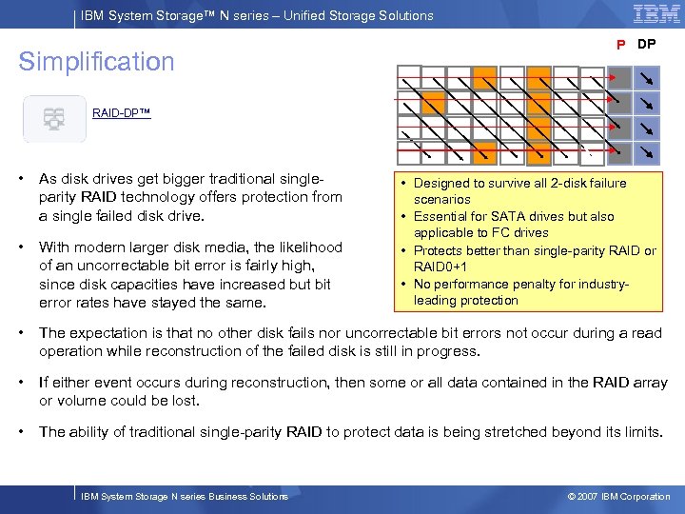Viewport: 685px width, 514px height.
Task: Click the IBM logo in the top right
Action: pyautogui.click(x=656, y=14)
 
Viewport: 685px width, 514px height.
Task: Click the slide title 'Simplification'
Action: pyautogui.click(x=97, y=62)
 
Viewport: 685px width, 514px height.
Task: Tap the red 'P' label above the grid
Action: pyautogui.click(x=620, y=45)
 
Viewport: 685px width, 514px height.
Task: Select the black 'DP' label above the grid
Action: pyautogui.click(x=646, y=44)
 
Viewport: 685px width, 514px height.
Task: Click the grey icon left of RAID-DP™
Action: pyautogui.click(x=54, y=119)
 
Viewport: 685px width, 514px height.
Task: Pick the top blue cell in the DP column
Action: pyautogui.click(x=647, y=77)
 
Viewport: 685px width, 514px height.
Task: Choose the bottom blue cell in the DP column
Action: pyautogui.click(x=647, y=151)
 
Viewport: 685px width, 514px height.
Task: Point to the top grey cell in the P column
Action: pyautogui.click(x=619, y=77)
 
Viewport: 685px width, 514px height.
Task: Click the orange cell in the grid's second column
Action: pyautogui.click(x=434, y=102)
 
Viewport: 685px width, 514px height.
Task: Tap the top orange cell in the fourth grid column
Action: pyautogui.click(x=485, y=77)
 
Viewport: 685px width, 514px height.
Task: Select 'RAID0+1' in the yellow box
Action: pyautogui.click(x=440, y=267)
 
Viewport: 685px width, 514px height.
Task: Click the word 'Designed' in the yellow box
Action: pyautogui.click(x=440, y=183)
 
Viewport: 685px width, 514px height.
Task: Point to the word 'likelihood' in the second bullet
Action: pyautogui.click(x=306, y=247)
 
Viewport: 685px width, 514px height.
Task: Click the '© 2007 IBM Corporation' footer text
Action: pyautogui.click(x=618, y=496)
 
